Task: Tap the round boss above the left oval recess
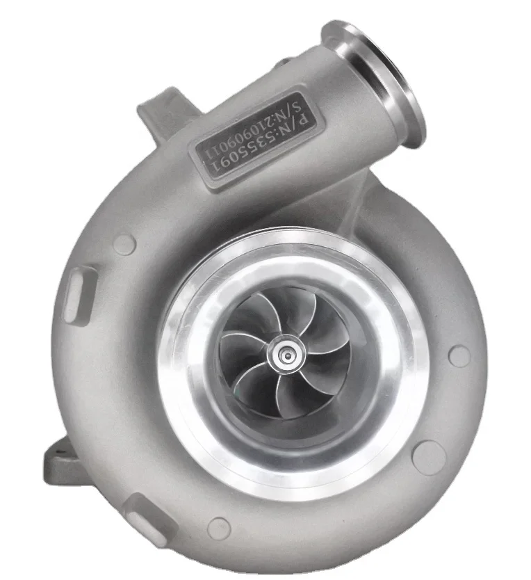point(124,243)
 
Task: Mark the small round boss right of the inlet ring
point(459,356)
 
